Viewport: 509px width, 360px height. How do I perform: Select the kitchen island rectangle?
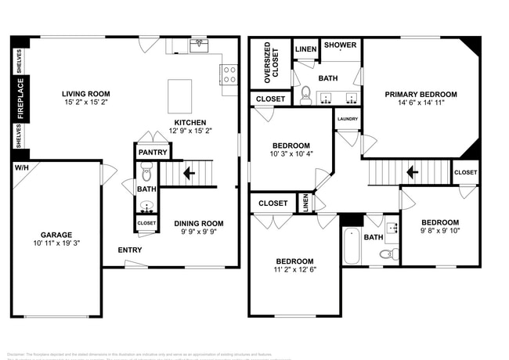[x=179, y=95]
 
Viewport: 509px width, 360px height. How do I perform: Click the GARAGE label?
[x=56, y=235]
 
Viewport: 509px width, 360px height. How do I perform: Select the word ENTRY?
[x=130, y=250]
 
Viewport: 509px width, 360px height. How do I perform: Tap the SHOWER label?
[x=340, y=45]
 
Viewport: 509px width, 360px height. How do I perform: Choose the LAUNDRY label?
[x=347, y=119]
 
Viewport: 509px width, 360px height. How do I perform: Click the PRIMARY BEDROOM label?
[x=421, y=95]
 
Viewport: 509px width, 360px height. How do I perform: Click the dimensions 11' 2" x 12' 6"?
[x=294, y=271]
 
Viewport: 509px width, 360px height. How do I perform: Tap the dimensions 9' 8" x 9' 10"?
[x=439, y=230]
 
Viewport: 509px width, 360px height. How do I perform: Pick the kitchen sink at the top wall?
[x=198, y=45]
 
